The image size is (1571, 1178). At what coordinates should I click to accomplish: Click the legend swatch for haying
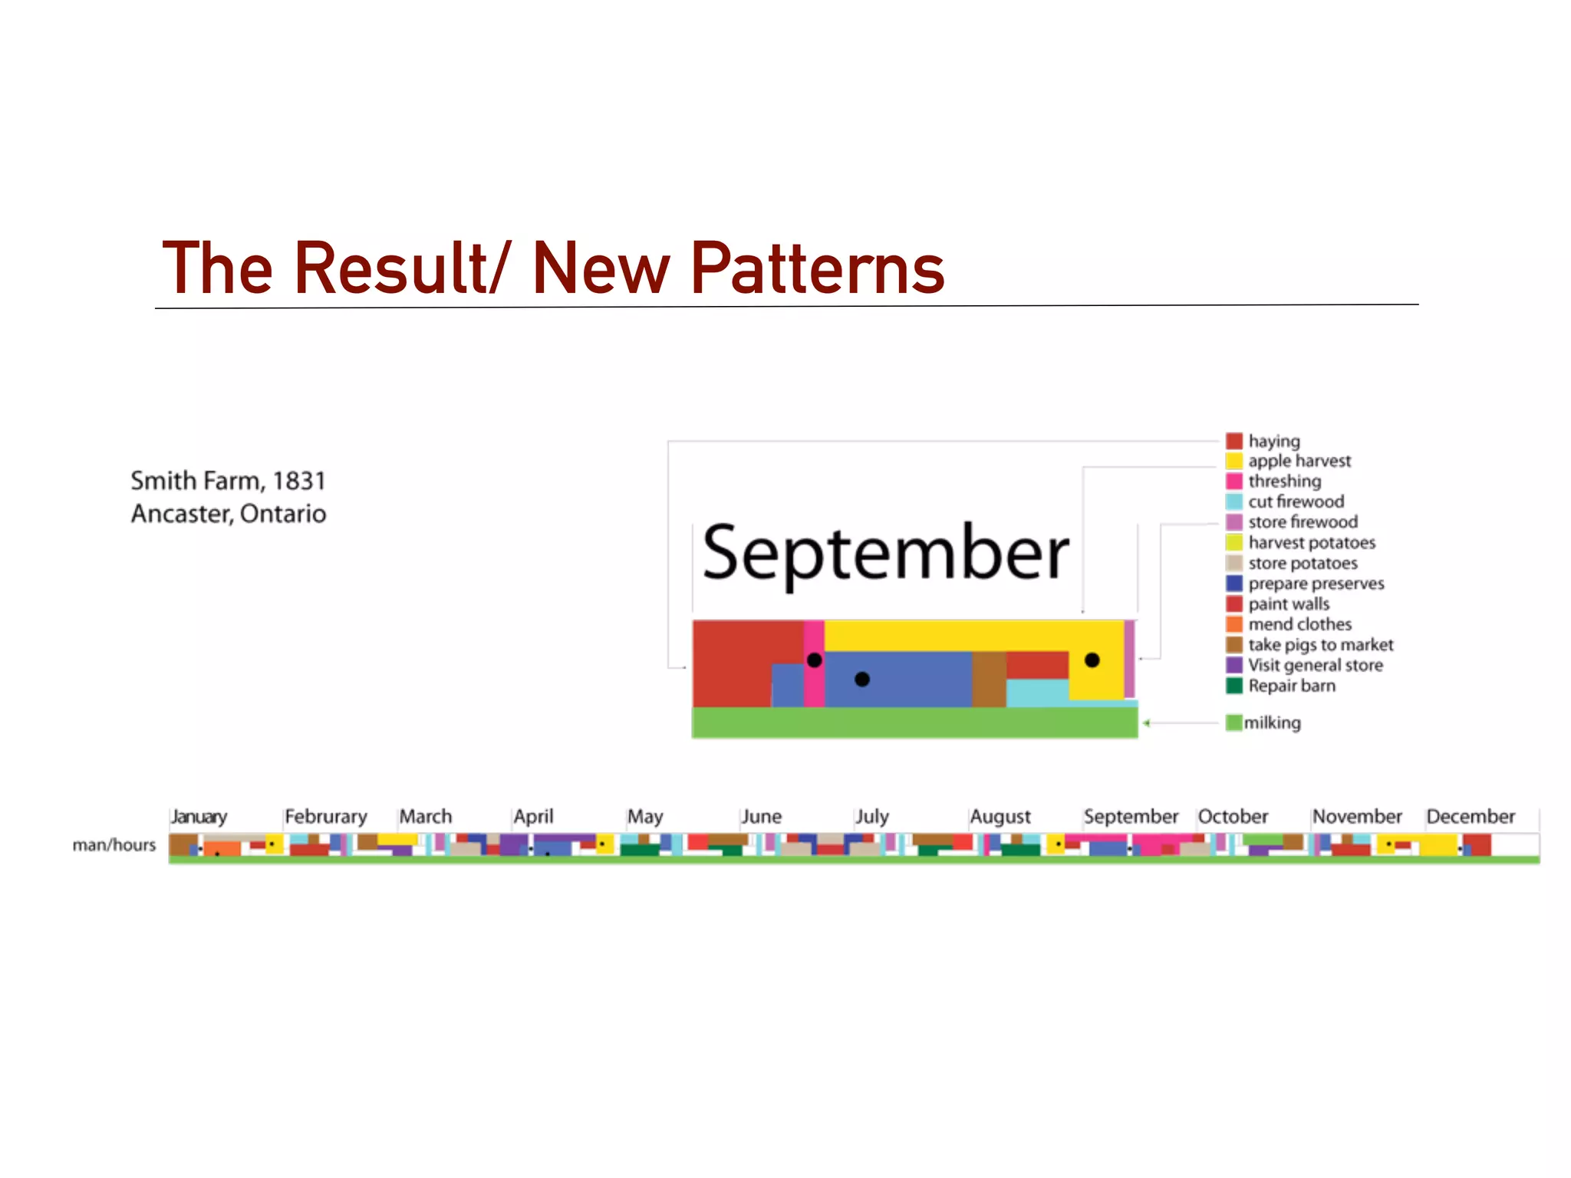pos(1233,441)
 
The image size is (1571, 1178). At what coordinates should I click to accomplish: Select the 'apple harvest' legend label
pos(1299,461)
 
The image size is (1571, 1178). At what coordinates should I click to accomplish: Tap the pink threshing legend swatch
pos(1233,482)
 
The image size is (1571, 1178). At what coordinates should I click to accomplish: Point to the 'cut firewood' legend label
pos(1296,502)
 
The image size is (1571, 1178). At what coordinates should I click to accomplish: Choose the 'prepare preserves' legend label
pos(1316,584)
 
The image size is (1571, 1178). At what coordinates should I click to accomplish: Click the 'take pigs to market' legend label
pos(1320,645)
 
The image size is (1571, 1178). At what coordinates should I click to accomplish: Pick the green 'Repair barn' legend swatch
pos(1233,686)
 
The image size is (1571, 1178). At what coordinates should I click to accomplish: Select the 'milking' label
pos(1272,722)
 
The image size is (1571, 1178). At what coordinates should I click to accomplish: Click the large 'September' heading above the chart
pos(885,554)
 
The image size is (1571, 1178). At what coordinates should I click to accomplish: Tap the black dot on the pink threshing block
pos(815,660)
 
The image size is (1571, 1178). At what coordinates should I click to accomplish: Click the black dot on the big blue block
pos(862,679)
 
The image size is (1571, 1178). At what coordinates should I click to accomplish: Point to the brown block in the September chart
pos(989,679)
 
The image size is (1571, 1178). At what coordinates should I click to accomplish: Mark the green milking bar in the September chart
pos(914,722)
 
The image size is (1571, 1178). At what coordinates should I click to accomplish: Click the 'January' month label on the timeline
pos(199,817)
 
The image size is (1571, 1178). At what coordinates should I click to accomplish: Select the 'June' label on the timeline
pos(761,817)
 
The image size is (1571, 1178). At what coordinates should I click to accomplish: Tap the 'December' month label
pos(1471,817)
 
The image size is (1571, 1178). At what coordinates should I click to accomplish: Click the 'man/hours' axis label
pos(114,845)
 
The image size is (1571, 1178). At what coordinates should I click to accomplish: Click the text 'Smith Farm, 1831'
pos(228,481)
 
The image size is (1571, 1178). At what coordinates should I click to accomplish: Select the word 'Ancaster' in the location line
pos(181,514)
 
